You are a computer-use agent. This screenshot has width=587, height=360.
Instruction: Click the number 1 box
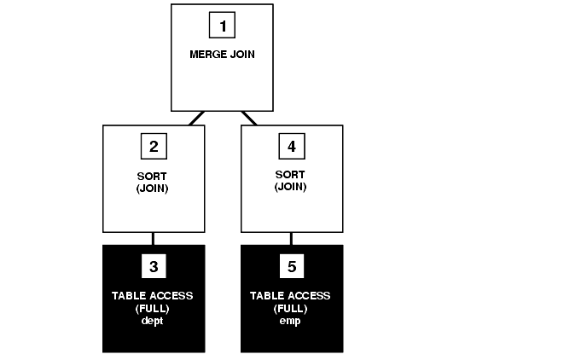click(x=222, y=26)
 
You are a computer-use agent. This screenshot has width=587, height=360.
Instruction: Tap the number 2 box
click(x=154, y=147)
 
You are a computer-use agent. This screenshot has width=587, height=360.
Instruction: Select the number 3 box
click(x=154, y=267)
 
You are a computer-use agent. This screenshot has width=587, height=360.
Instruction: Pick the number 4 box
click(x=292, y=147)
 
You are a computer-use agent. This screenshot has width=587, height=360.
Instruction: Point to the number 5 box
click(x=292, y=267)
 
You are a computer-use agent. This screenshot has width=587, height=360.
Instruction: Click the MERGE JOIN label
click(x=222, y=54)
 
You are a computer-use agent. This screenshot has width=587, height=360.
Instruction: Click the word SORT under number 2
click(x=154, y=177)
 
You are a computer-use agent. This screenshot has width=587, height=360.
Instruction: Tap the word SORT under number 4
click(x=292, y=177)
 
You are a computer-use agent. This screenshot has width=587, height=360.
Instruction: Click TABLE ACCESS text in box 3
click(x=154, y=296)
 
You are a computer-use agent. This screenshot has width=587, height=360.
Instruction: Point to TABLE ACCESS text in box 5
click(x=292, y=296)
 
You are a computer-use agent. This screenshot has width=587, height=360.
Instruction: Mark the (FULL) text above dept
click(x=154, y=308)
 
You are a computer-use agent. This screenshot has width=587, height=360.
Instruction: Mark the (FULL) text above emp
click(x=292, y=308)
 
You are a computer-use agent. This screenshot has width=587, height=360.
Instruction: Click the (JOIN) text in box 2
click(x=154, y=188)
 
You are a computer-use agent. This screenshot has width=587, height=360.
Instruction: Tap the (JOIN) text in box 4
click(x=292, y=188)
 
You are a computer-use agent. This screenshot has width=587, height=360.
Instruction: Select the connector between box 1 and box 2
click(x=196, y=118)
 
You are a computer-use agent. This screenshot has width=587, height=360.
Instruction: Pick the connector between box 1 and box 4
click(x=249, y=118)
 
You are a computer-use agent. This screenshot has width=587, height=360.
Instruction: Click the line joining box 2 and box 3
click(x=154, y=239)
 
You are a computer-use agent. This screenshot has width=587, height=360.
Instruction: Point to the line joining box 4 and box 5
click(x=292, y=239)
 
